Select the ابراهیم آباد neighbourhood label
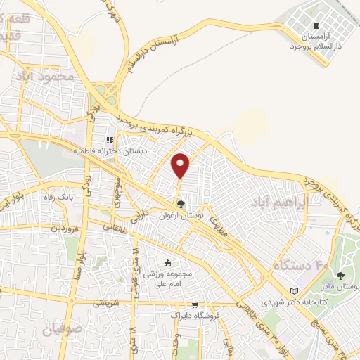pos(277,203)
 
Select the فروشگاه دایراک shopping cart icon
pos(195,305)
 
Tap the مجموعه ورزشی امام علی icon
pos(167,263)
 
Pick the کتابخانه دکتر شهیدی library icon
pos(294,291)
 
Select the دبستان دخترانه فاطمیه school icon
pos(110,141)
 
